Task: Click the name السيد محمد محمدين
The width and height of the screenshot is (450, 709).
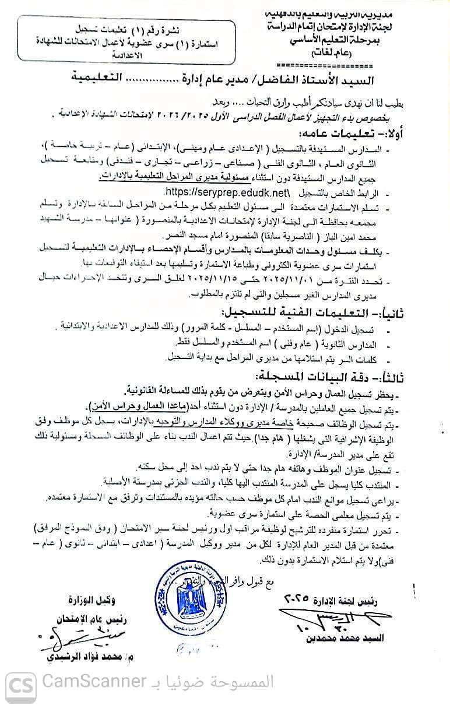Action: pyautogui.click(x=343, y=638)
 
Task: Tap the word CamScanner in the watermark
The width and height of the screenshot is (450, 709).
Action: pyautogui.click(x=94, y=681)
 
